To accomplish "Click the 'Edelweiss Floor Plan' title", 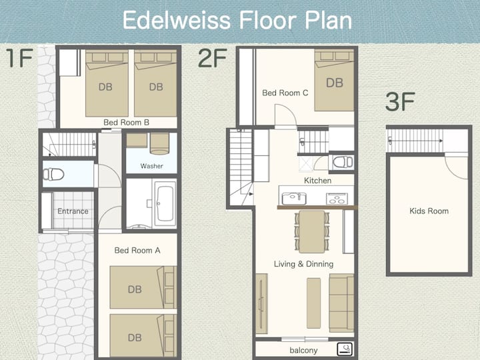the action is (237, 20).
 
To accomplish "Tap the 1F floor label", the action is (19, 58).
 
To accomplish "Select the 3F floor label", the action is (400, 102).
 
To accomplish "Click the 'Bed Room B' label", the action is (127, 123).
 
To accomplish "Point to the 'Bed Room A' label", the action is (137, 251).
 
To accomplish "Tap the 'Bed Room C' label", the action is (285, 93).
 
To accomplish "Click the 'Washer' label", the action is (151, 166).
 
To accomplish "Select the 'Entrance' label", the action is (73, 211).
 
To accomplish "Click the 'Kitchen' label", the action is (317, 181).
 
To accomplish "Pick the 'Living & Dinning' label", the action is (304, 264).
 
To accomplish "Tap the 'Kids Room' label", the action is (429, 211).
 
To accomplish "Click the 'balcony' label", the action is (303, 350).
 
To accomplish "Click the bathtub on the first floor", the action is (165, 203).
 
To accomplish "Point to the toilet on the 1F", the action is (53, 175).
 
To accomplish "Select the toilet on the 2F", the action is (343, 162).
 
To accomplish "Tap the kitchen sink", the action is (294, 199).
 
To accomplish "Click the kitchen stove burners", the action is (337, 199).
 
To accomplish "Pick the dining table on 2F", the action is (311, 232).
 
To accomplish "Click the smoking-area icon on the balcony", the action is (345, 349).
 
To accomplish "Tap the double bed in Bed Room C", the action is (334, 80).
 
